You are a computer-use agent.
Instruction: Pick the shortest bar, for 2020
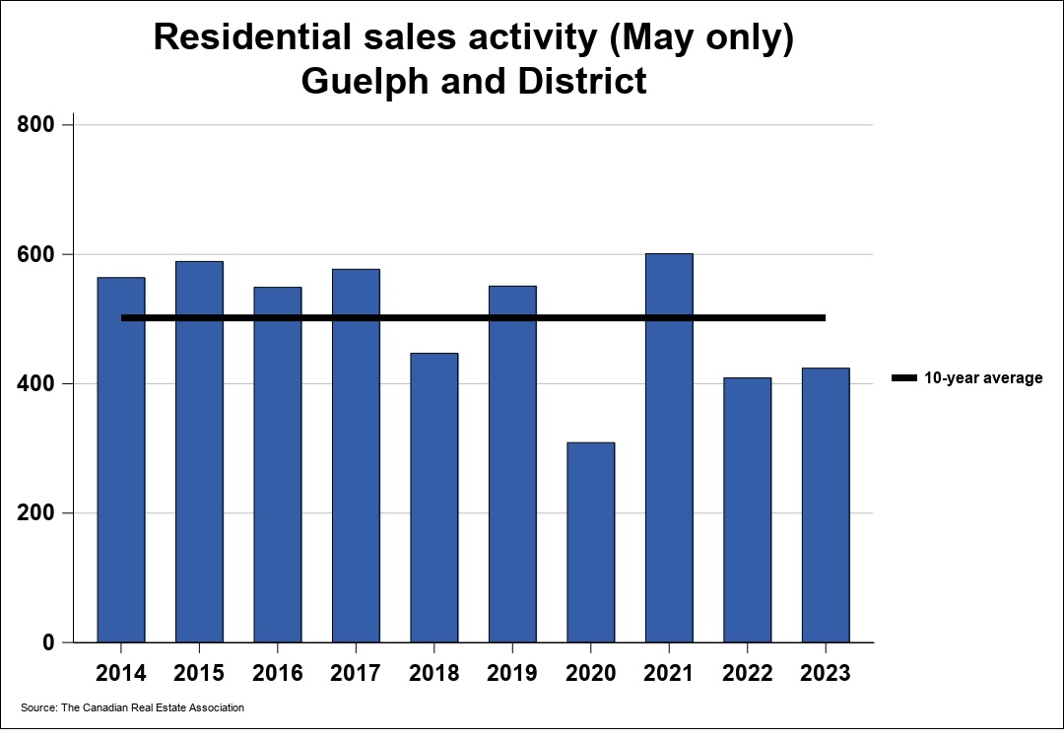[591, 542]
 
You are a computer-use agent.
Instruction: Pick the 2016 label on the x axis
[278, 674]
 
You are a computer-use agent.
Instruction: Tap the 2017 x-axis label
[356, 674]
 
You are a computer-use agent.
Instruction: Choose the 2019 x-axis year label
[512, 674]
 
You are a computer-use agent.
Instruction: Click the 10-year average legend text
[982, 378]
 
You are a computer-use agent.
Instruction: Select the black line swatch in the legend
[903, 378]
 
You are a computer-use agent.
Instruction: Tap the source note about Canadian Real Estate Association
[132, 707]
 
